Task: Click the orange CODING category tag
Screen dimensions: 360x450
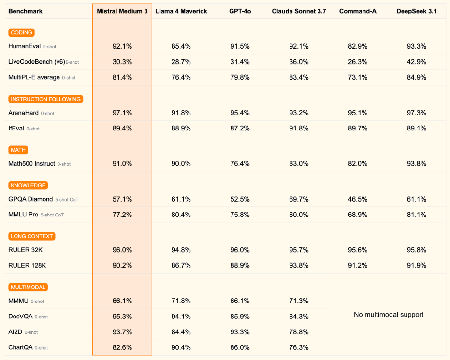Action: tap(21, 33)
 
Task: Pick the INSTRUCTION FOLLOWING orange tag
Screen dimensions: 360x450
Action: tap(46, 99)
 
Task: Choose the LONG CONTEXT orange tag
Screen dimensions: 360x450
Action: tap(31, 236)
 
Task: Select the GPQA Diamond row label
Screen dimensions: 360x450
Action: tap(30, 199)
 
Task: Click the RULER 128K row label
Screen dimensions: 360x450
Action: tap(27, 265)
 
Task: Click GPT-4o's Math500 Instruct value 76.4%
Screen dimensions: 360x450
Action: tap(240, 164)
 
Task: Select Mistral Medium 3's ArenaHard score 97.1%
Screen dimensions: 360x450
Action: tap(122, 113)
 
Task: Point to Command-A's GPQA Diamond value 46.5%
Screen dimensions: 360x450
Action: tap(358, 199)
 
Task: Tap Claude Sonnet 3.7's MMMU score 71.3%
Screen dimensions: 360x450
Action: tap(299, 301)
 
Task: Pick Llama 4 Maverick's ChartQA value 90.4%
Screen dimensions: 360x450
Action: tap(181, 347)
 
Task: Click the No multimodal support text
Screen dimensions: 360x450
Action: tap(389, 315)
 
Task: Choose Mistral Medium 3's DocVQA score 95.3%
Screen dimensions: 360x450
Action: tap(122, 317)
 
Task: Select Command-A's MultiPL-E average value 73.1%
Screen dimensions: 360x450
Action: tap(358, 77)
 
